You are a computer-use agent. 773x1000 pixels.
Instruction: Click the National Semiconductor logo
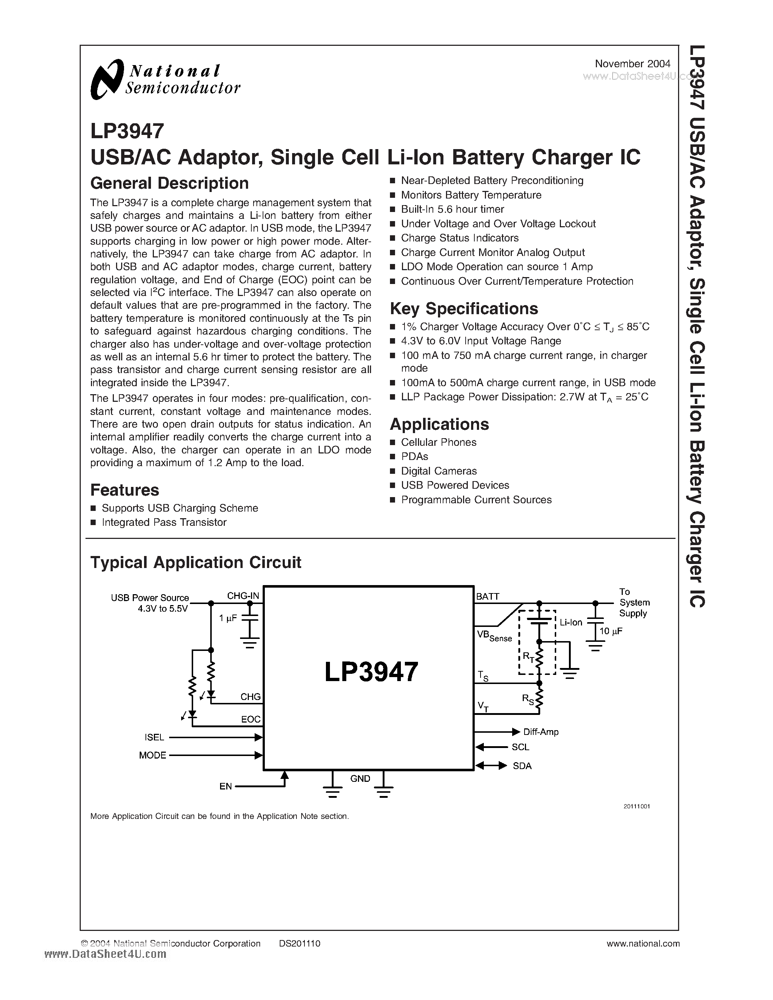(x=165, y=79)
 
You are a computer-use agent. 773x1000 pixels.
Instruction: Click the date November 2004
(x=633, y=64)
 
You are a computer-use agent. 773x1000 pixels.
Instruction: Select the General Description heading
(x=170, y=183)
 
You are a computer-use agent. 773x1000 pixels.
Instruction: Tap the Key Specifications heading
(x=464, y=309)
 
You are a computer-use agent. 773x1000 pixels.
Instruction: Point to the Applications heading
(x=439, y=424)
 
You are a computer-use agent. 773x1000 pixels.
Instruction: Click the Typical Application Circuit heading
(x=196, y=562)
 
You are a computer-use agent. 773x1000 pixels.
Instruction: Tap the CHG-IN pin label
(x=243, y=596)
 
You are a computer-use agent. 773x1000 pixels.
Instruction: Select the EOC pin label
(x=251, y=719)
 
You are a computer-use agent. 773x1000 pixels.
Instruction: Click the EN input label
(x=226, y=786)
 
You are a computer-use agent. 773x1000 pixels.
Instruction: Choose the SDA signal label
(x=522, y=766)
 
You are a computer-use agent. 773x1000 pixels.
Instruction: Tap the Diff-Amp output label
(x=541, y=732)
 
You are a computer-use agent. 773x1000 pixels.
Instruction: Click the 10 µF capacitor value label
(x=611, y=631)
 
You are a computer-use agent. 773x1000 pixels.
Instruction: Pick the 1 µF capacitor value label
(x=228, y=618)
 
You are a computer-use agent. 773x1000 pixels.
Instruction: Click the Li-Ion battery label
(x=571, y=622)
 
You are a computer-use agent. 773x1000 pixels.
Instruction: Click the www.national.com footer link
(x=643, y=943)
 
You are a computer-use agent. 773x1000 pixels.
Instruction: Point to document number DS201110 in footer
(x=299, y=943)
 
